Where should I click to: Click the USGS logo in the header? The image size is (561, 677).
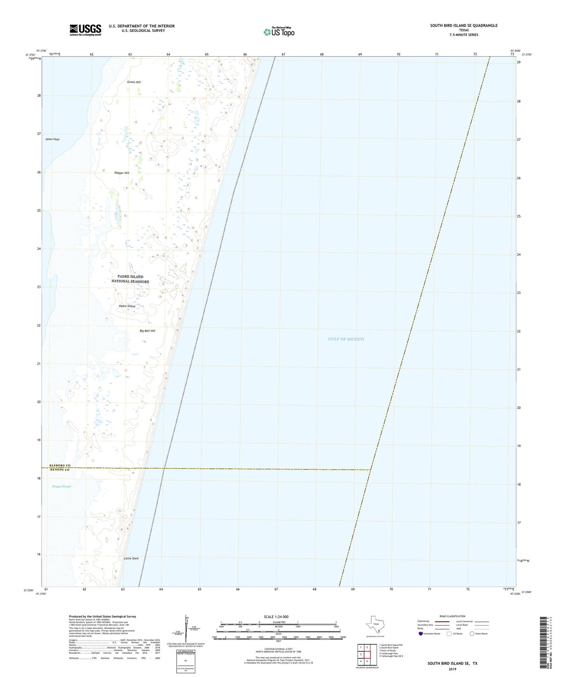(x=85, y=30)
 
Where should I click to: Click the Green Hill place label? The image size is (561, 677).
(x=134, y=82)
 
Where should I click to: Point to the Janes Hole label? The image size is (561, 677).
(x=52, y=139)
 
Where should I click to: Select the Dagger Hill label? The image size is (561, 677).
(x=122, y=173)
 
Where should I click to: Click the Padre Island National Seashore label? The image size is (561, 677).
(x=130, y=279)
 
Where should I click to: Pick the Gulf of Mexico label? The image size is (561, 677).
(x=346, y=339)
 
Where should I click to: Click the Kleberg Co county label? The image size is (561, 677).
(x=60, y=465)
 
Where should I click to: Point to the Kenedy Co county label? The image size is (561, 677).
(x=60, y=470)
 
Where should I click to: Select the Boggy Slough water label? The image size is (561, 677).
(x=62, y=486)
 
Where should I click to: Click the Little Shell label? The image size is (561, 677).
(x=131, y=558)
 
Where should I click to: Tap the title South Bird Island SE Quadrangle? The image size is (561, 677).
(x=464, y=26)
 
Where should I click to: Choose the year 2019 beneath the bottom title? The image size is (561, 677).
(x=452, y=669)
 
